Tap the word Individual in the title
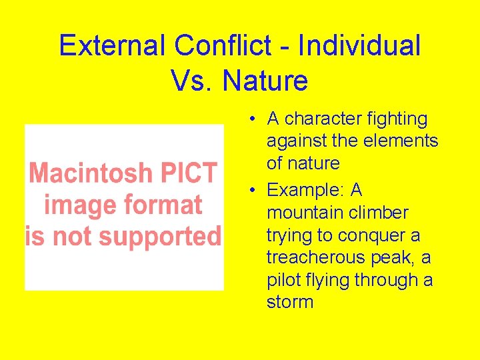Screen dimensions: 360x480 [x=359, y=46]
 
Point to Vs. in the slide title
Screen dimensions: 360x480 [x=193, y=81]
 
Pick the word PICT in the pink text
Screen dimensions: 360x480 [x=189, y=173]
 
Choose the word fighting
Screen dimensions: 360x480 [x=398, y=119]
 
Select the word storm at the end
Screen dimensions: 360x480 [x=290, y=302]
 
